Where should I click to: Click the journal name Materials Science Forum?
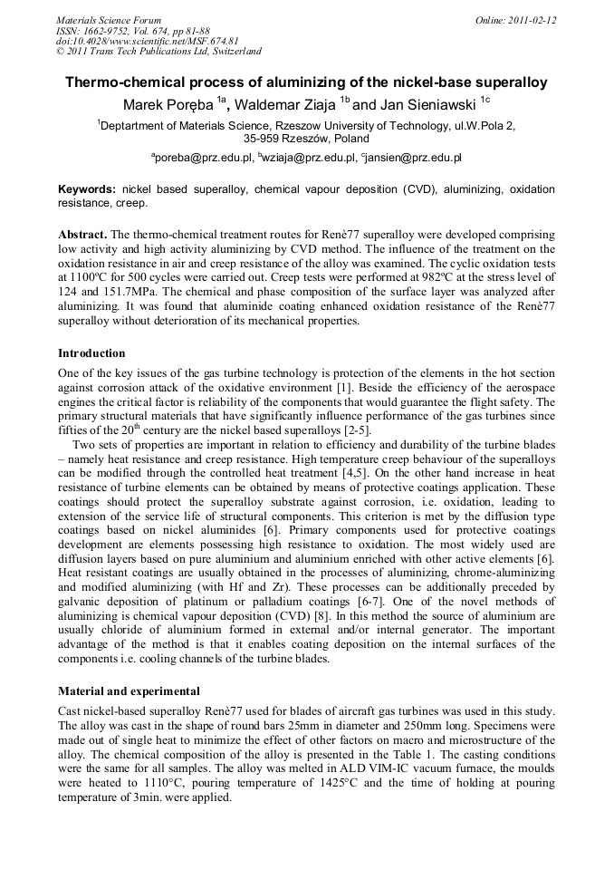(x=109, y=19)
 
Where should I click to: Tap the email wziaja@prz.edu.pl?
(x=310, y=158)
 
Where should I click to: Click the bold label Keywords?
(x=87, y=189)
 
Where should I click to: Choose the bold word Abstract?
(x=82, y=234)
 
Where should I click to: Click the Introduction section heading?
(x=91, y=352)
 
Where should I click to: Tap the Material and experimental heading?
(x=129, y=690)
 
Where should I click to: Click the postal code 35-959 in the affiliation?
(x=264, y=139)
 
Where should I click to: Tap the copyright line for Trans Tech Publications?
(x=158, y=52)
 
